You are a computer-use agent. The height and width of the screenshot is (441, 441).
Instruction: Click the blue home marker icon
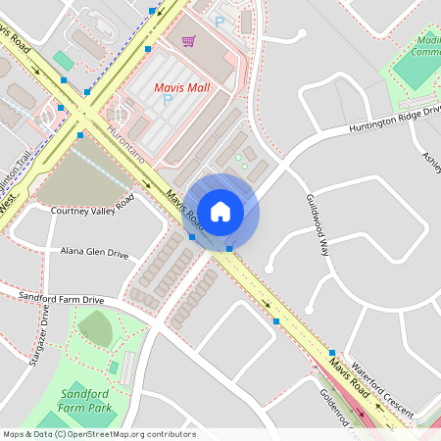coord(220,211)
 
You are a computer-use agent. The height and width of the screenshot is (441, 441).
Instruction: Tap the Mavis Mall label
coord(183,87)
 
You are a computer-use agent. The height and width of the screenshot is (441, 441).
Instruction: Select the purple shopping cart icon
coord(187,41)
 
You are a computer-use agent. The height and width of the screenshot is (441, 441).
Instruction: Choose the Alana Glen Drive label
coord(94,253)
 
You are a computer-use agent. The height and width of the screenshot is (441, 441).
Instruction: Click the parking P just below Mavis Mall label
coord(168,100)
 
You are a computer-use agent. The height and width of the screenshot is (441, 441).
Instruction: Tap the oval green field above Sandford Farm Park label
coord(95,328)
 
